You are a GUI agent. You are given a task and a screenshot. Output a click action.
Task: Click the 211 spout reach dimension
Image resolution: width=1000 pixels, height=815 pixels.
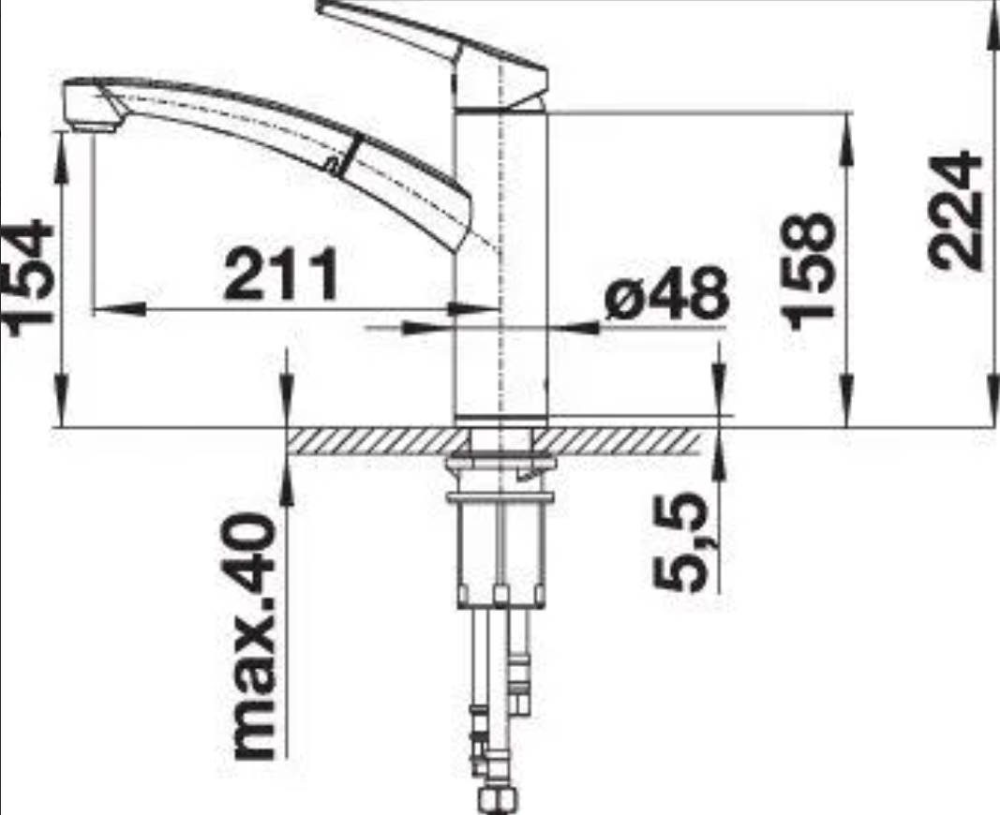pyautogui.click(x=281, y=274)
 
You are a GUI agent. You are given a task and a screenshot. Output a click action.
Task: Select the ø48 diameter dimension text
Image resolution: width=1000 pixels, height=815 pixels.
pyautogui.click(x=666, y=294)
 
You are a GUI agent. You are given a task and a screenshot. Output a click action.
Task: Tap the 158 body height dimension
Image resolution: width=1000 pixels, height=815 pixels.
pyautogui.click(x=810, y=271)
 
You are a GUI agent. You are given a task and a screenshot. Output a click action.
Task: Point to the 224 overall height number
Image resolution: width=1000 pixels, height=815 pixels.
pyautogui.click(x=954, y=210)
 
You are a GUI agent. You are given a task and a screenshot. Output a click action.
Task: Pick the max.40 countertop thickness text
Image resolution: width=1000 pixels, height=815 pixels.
pyautogui.click(x=254, y=637)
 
